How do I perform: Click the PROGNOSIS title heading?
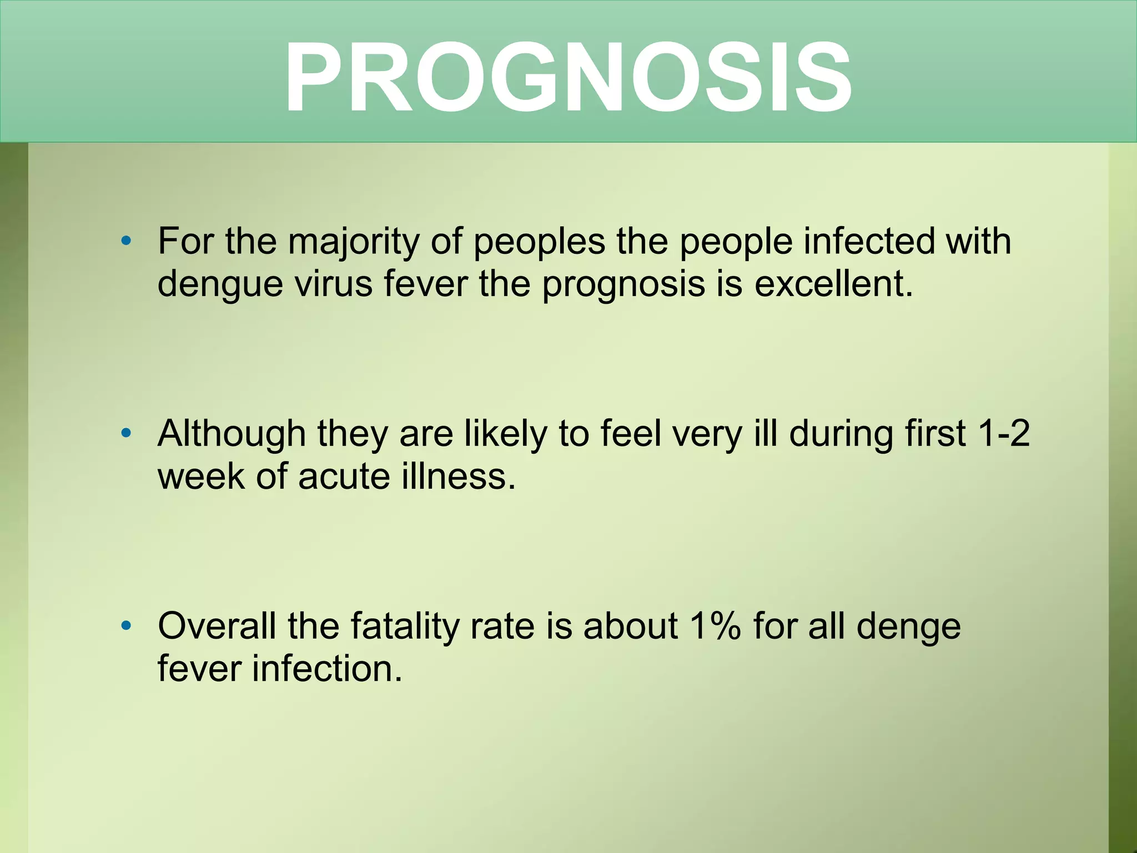click(567, 78)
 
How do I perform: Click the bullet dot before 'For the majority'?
click(126, 241)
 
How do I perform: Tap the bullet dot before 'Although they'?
click(126, 433)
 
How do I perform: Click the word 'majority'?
click(354, 242)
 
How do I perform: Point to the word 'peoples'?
click(539, 242)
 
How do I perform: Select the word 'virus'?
click(333, 284)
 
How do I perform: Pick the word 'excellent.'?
click(833, 284)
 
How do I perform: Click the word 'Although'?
click(232, 434)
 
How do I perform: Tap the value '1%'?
click(715, 626)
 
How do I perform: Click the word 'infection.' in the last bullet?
click(327, 669)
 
